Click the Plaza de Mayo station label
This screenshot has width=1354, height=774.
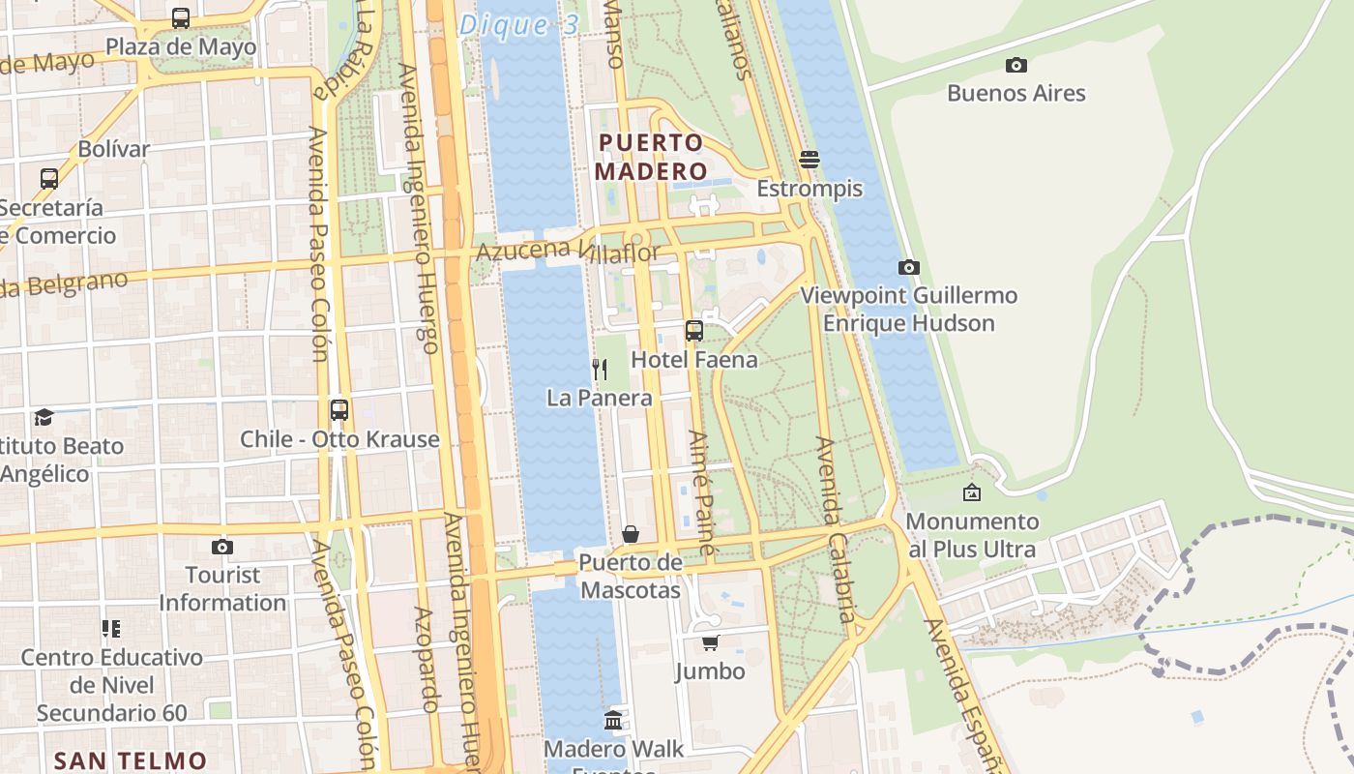tap(181, 46)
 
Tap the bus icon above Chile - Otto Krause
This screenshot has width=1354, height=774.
tap(338, 409)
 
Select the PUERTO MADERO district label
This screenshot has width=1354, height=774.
tap(650, 157)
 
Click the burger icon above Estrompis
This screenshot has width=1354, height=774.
tap(809, 160)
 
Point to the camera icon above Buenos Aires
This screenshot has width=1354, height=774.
tap(1015, 65)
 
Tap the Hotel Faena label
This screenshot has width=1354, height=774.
tap(693, 360)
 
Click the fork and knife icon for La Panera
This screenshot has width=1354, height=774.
tap(600, 369)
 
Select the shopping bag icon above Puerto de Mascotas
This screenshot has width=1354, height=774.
tap(631, 533)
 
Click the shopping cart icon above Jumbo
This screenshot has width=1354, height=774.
tap(711, 642)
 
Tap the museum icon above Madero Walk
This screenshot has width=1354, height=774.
tap(613, 720)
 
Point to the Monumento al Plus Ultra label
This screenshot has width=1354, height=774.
tap(972, 535)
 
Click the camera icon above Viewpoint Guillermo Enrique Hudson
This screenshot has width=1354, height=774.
tap(908, 267)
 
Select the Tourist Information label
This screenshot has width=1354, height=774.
tap(222, 588)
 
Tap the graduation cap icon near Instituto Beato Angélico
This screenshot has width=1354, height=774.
tap(44, 417)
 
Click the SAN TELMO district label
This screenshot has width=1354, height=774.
tap(130, 760)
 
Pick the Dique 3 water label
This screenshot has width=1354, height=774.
tap(518, 25)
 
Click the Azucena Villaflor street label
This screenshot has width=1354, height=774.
tap(568, 252)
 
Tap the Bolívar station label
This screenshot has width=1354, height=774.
tap(114, 149)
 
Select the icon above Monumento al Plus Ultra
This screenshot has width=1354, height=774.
tap(972, 493)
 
